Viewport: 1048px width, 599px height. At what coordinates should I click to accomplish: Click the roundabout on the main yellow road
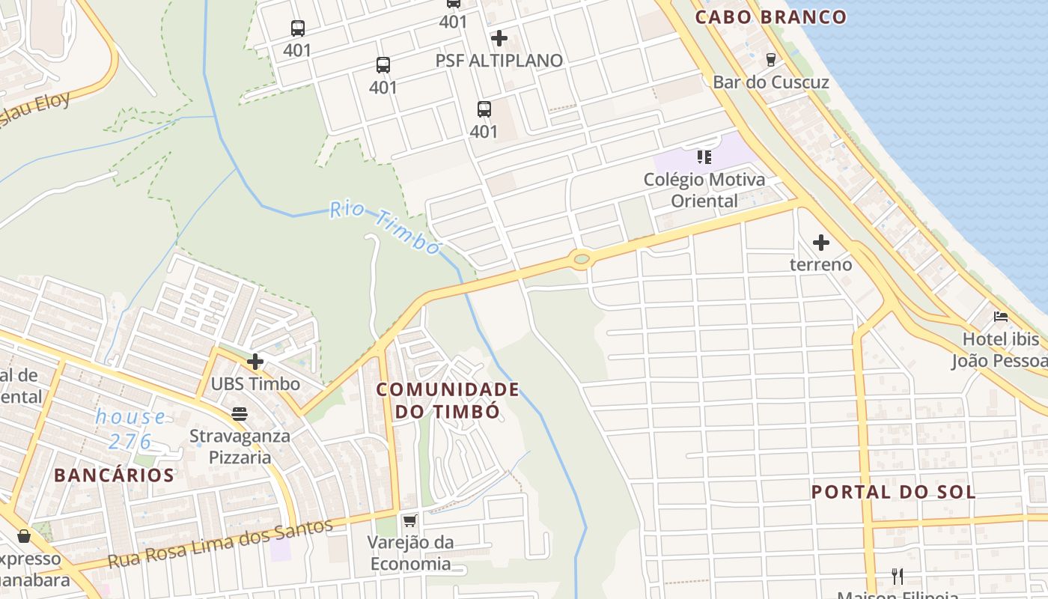point(581,260)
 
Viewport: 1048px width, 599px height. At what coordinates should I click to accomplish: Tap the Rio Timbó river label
point(385,228)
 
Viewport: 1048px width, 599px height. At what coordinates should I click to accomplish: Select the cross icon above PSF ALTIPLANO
point(499,37)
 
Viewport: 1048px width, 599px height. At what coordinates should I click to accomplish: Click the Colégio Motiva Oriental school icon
point(704,157)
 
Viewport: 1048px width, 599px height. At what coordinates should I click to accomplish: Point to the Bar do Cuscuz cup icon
point(770,59)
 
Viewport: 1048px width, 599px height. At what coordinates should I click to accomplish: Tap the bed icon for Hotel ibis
point(1000,317)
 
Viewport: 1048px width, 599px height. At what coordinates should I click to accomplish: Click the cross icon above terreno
point(821,243)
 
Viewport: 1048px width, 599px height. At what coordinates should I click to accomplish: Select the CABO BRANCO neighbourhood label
point(771,16)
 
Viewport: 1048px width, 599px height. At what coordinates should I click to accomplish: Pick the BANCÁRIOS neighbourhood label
point(114,475)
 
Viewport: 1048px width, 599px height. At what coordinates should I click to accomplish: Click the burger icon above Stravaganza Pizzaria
point(240,413)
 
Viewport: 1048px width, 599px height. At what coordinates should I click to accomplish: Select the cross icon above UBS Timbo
point(255,362)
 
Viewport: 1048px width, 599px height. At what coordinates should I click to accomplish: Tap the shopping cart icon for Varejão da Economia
point(409,520)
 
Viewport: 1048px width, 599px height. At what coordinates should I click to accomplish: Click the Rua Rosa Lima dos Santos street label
point(220,543)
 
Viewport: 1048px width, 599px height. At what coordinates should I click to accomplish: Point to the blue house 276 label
point(130,429)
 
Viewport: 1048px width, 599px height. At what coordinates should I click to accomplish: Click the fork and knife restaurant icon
point(898,576)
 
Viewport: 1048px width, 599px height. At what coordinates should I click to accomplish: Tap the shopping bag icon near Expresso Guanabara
point(24,536)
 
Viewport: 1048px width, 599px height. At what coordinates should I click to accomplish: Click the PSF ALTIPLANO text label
point(499,61)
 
